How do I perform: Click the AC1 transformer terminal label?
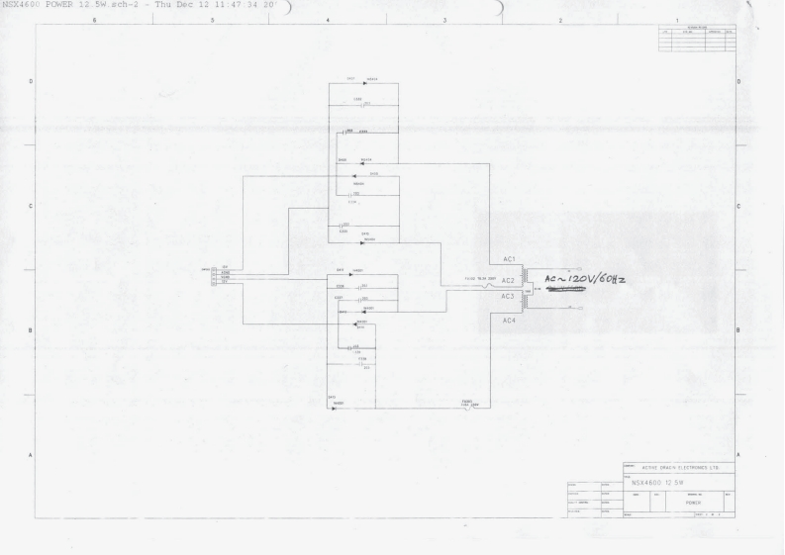coord(510,259)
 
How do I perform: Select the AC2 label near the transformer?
coord(510,281)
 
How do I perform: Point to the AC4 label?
coord(510,321)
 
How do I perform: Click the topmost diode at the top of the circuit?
coord(365,83)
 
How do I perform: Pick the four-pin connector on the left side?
coord(214,275)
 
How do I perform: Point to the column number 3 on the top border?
coord(444,19)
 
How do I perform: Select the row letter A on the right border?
coord(739,454)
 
